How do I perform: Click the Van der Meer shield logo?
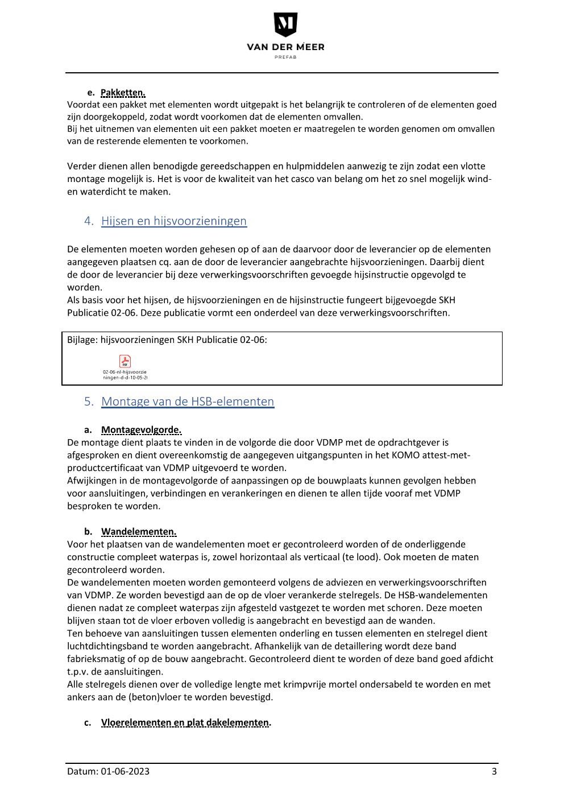(x=285, y=25)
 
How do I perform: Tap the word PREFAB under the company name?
(x=285, y=57)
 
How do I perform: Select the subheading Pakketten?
(x=123, y=93)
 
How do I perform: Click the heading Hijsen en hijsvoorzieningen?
(x=174, y=221)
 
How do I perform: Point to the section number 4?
(x=89, y=221)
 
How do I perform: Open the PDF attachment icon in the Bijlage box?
(x=125, y=361)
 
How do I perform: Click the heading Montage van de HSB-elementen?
(x=188, y=402)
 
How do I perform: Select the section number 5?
(x=89, y=402)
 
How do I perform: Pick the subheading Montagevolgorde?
(x=141, y=430)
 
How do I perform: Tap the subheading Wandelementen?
(x=139, y=532)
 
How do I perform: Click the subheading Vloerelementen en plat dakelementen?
(x=185, y=723)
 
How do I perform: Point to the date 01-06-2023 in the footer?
(x=126, y=772)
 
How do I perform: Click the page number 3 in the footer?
(x=494, y=772)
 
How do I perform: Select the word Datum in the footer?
(x=82, y=772)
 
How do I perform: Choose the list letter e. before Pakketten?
(x=90, y=93)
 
